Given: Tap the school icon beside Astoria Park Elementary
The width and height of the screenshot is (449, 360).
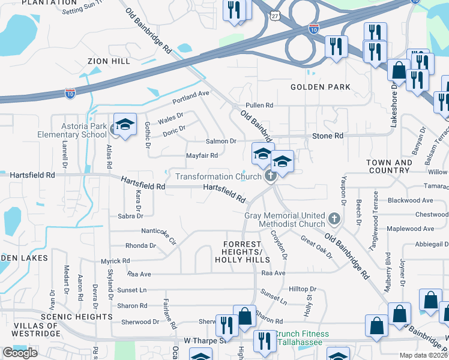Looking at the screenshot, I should point(125,125).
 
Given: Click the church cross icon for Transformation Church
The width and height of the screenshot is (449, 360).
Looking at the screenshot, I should point(270,176).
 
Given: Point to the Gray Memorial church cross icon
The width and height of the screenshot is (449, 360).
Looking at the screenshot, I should point(335,219).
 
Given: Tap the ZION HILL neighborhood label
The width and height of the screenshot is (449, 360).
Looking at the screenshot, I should point(108,61).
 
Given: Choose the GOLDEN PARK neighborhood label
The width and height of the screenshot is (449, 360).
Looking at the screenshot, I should point(321,87).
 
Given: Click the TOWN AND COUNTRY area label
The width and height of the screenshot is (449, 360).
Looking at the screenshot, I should point(390,166).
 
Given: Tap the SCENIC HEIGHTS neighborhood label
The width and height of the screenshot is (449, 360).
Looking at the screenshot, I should point(68,316).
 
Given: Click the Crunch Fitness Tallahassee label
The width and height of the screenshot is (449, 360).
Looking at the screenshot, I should point(299,338).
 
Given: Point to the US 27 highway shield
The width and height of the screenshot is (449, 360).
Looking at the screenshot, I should point(275,13).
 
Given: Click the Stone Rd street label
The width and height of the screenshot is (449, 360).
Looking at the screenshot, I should point(328,136).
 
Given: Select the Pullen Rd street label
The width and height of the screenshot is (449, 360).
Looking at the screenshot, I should point(259,105).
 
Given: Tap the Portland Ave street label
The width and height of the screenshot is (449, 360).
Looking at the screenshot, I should point(190,94).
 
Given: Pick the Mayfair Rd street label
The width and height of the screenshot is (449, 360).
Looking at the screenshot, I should point(201,155).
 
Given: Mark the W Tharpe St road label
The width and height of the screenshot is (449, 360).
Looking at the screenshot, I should point(203,340).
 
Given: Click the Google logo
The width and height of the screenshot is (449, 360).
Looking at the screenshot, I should point(20,353).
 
